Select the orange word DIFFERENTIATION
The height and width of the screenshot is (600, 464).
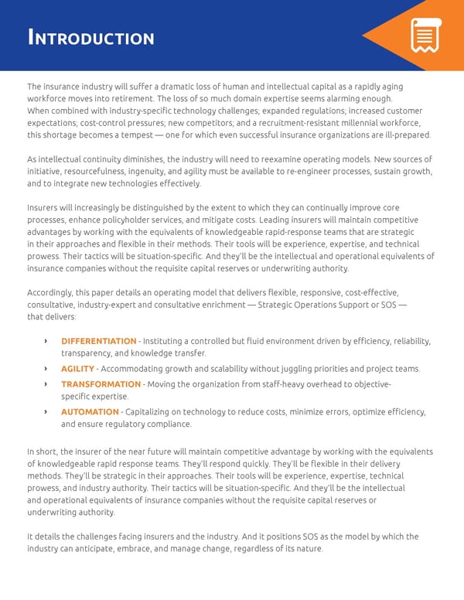tap(98, 341)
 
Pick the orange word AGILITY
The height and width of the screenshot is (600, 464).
tap(77, 369)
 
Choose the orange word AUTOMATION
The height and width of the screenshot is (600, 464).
tap(90, 411)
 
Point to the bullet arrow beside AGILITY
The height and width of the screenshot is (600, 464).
tap(46, 369)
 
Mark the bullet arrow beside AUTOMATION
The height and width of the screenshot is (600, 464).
tap(46, 411)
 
